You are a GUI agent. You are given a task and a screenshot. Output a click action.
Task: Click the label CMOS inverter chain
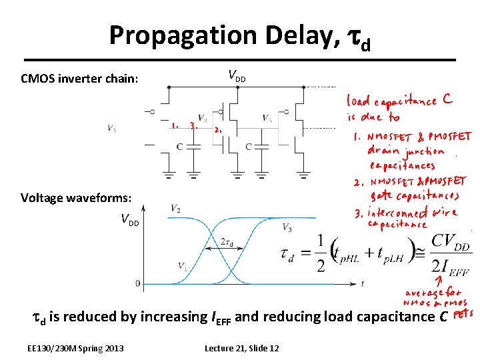point(79,79)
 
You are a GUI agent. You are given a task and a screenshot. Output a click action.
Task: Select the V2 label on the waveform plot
point(175,209)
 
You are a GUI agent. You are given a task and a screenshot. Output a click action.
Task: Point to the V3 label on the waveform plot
point(286,228)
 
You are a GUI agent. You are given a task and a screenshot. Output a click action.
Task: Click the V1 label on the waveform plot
point(182,266)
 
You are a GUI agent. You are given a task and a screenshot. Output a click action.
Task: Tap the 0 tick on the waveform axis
point(138,283)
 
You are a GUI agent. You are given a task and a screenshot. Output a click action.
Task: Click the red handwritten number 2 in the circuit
point(218,131)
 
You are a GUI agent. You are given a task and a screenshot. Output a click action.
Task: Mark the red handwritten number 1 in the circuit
point(174,125)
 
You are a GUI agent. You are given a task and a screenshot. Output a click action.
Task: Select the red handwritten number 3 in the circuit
point(193,125)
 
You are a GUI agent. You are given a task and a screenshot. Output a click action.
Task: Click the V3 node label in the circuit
point(266,119)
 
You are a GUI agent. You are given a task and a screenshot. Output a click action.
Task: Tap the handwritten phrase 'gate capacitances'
point(415,195)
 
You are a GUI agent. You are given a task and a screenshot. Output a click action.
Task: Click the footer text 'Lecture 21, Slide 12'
point(242,349)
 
